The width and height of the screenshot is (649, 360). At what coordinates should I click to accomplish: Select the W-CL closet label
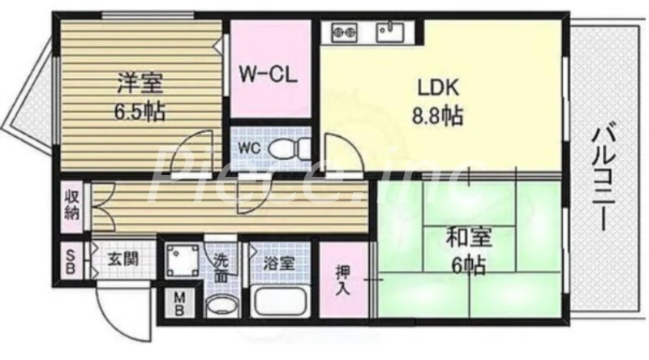point(270,75)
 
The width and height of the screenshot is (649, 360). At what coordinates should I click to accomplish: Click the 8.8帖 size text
point(438,115)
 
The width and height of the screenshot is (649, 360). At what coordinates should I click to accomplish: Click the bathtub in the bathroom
point(278,302)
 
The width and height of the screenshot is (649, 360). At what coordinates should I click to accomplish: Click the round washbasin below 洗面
point(220,306)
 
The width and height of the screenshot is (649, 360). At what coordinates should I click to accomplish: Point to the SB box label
point(71,261)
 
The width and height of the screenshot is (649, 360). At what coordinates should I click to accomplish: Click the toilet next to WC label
point(285,148)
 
